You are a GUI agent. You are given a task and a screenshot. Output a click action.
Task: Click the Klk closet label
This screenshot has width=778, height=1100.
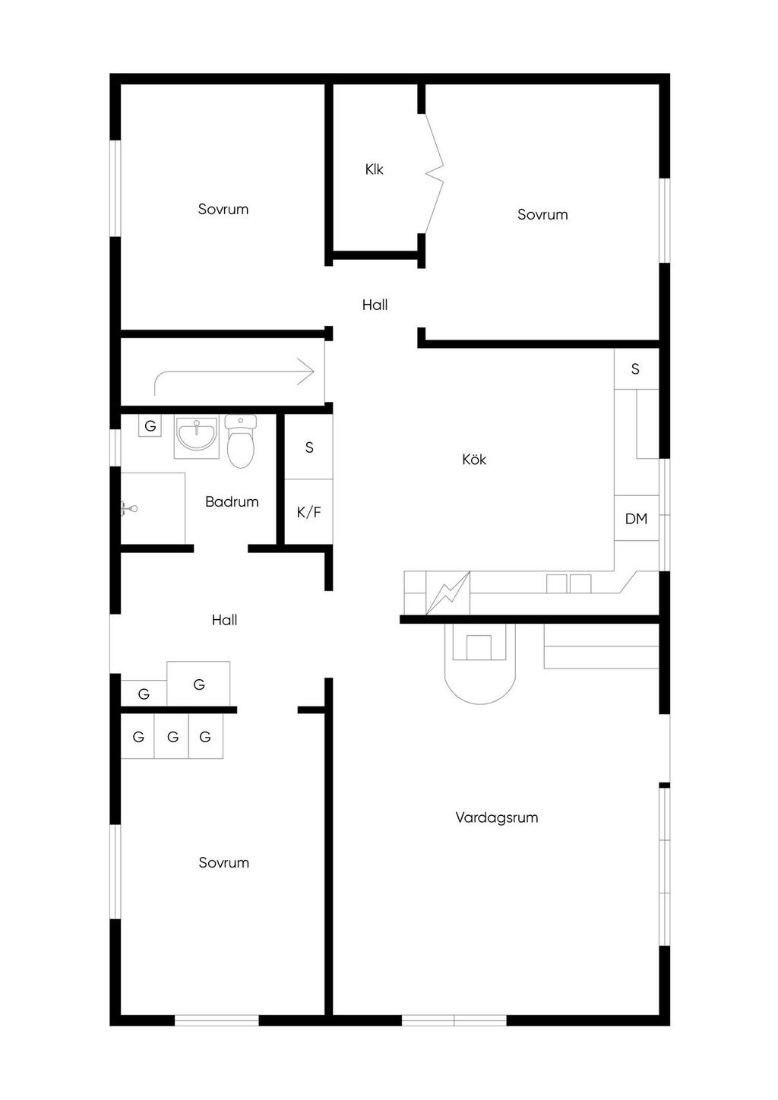[x=374, y=169]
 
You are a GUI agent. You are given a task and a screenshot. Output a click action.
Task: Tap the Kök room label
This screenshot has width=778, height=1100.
[x=474, y=459]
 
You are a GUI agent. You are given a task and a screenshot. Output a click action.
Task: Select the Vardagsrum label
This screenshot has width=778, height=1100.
[x=497, y=817]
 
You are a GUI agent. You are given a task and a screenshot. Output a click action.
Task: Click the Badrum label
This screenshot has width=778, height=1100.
[x=232, y=501]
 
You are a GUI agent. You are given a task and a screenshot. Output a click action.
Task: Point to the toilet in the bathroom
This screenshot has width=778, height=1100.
[x=241, y=441]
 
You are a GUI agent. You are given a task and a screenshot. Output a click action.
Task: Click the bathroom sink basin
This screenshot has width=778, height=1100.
[x=197, y=434]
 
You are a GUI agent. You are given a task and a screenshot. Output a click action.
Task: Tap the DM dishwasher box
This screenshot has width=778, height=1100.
[x=636, y=518]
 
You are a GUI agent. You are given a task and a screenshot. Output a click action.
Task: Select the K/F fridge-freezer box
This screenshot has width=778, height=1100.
[x=309, y=512]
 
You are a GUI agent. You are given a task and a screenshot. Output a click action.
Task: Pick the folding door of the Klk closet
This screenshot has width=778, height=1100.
[x=434, y=173]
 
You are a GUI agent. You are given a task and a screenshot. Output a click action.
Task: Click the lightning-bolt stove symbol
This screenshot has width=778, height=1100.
[x=448, y=593]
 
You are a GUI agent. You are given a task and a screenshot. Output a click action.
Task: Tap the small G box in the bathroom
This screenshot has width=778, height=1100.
[x=150, y=425]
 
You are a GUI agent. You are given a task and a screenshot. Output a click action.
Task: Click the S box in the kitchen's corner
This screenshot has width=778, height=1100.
[x=636, y=368]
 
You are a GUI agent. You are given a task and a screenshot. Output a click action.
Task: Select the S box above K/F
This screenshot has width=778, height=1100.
[x=309, y=447]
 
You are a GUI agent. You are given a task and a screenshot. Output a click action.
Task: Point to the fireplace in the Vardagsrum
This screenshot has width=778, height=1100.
[x=479, y=663]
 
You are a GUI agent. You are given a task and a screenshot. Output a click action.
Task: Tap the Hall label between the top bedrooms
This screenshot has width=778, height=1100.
[x=375, y=305]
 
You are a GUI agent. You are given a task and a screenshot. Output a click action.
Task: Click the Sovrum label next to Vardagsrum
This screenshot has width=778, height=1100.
[x=223, y=862]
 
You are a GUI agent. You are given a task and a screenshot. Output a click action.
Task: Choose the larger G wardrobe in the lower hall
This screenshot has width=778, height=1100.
[x=198, y=684]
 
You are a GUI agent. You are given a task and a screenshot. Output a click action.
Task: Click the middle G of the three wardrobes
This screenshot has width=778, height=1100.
[x=172, y=736]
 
